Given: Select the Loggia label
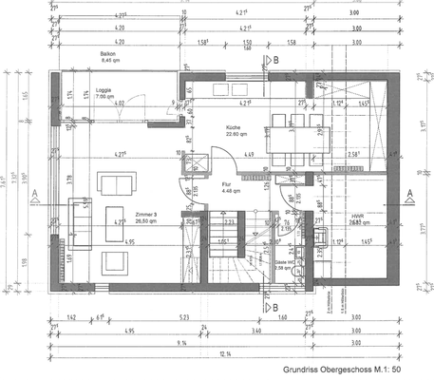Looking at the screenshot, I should [x=104, y=91].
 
